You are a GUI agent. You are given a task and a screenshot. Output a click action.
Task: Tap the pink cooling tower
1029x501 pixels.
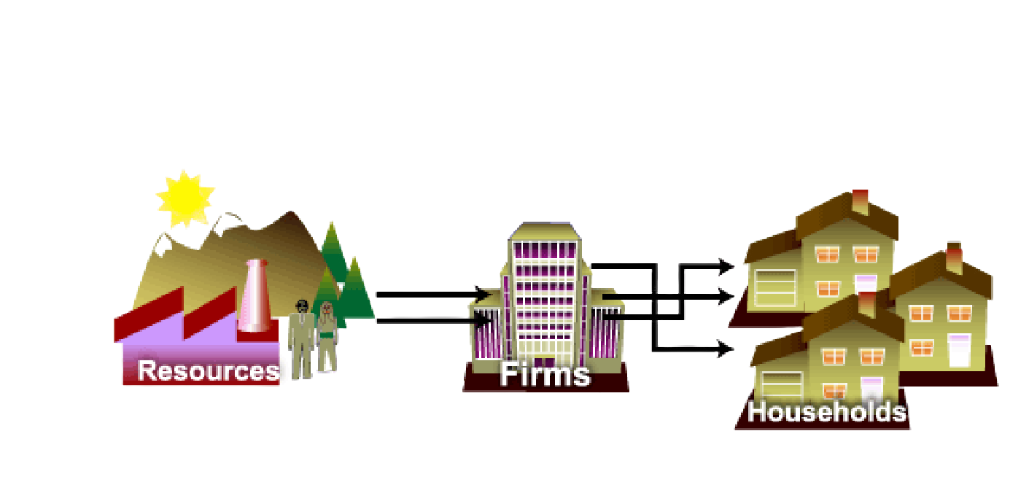[255, 295]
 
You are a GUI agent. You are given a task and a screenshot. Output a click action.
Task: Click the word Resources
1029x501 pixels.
[209, 370]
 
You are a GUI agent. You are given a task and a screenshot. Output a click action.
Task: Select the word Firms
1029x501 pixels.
[545, 374]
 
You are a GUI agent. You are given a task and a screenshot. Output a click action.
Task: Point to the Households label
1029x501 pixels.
[827, 412]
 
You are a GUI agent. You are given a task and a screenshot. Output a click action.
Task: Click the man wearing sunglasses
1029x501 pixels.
[300, 335]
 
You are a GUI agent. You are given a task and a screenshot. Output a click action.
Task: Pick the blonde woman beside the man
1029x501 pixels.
[327, 337]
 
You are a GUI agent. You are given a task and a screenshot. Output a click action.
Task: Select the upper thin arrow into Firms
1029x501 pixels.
[430, 292]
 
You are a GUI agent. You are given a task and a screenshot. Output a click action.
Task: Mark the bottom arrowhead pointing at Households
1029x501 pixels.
[726, 350]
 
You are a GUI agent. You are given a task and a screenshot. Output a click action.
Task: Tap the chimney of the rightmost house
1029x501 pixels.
[954, 257]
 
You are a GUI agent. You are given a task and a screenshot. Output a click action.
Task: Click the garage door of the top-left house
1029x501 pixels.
[774, 288]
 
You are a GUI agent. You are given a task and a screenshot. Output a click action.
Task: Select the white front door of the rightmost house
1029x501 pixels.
[959, 350]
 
